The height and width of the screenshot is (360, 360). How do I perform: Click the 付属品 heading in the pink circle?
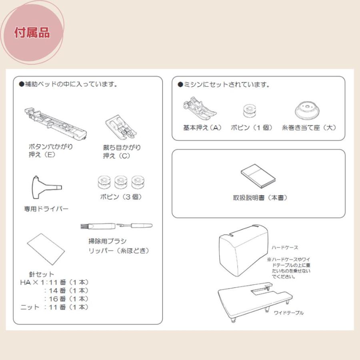[x=32, y=32]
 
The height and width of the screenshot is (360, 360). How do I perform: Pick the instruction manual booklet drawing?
[x=258, y=176]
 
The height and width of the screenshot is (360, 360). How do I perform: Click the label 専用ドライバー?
[x=46, y=209]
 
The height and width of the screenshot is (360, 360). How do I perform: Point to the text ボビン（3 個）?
[x=121, y=197]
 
